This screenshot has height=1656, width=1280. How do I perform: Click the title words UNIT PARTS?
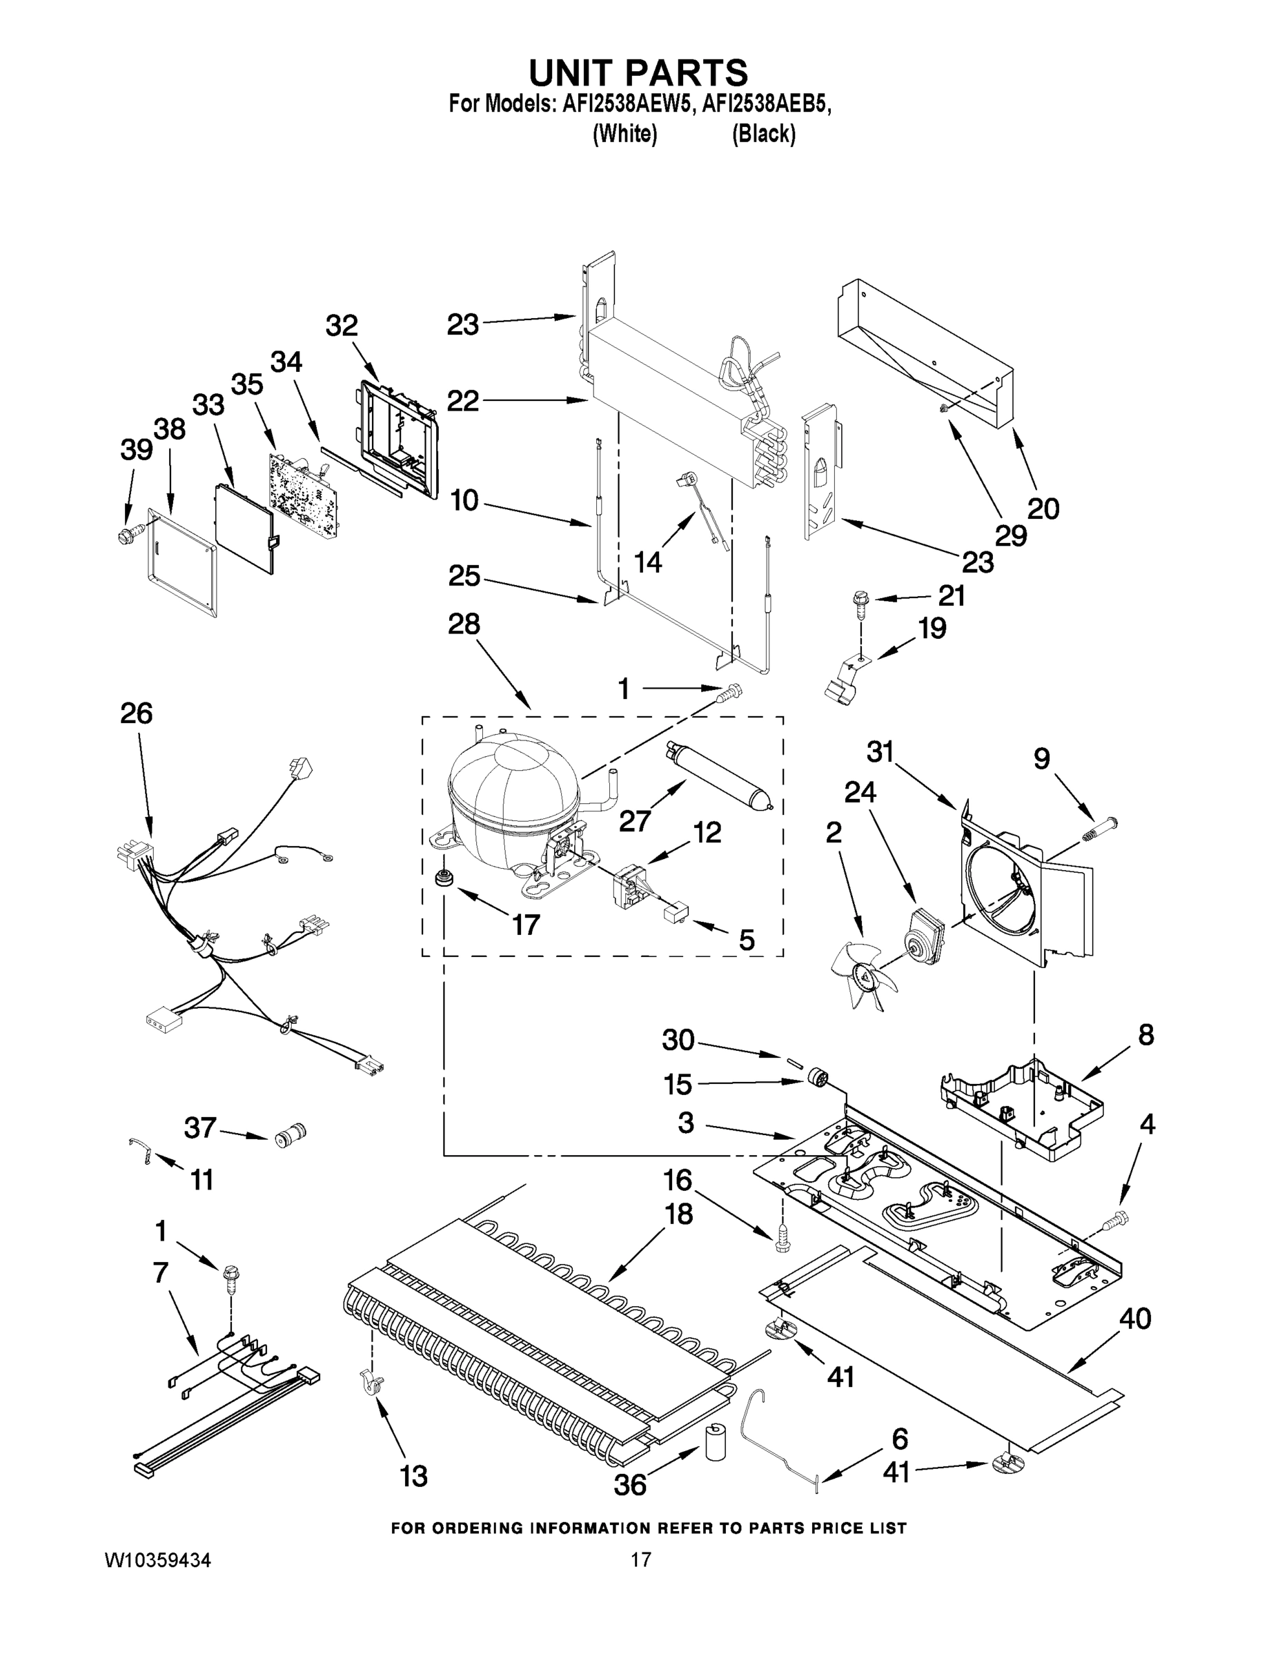(x=638, y=72)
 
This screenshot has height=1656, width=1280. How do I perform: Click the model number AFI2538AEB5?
(x=765, y=104)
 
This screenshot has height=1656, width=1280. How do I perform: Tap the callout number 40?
(x=1134, y=1318)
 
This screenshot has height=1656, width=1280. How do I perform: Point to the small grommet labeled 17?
(x=440, y=880)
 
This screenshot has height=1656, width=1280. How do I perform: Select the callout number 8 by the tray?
(x=1145, y=1035)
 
